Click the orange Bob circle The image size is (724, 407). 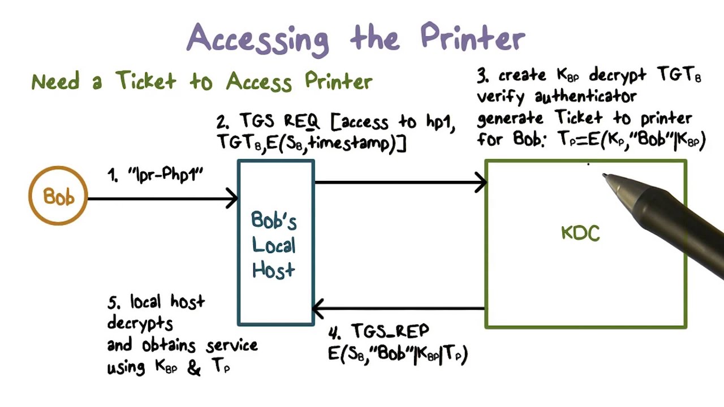(x=58, y=196)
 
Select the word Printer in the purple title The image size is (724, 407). (x=473, y=38)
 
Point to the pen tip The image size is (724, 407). (x=604, y=176)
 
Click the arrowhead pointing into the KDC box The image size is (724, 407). (x=481, y=183)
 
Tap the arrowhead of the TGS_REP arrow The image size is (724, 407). (x=318, y=309)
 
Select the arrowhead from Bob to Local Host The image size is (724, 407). (x=232, y=198)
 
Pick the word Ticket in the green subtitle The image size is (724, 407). (x=146, y=81)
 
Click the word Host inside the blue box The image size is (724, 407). (x=274, y=270)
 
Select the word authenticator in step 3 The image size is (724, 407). (x=585, y=97)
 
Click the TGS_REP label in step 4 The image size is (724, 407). (x=390, y=331)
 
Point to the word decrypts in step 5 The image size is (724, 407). (x=140, y=323)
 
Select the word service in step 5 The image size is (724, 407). (x=232, y=345)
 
